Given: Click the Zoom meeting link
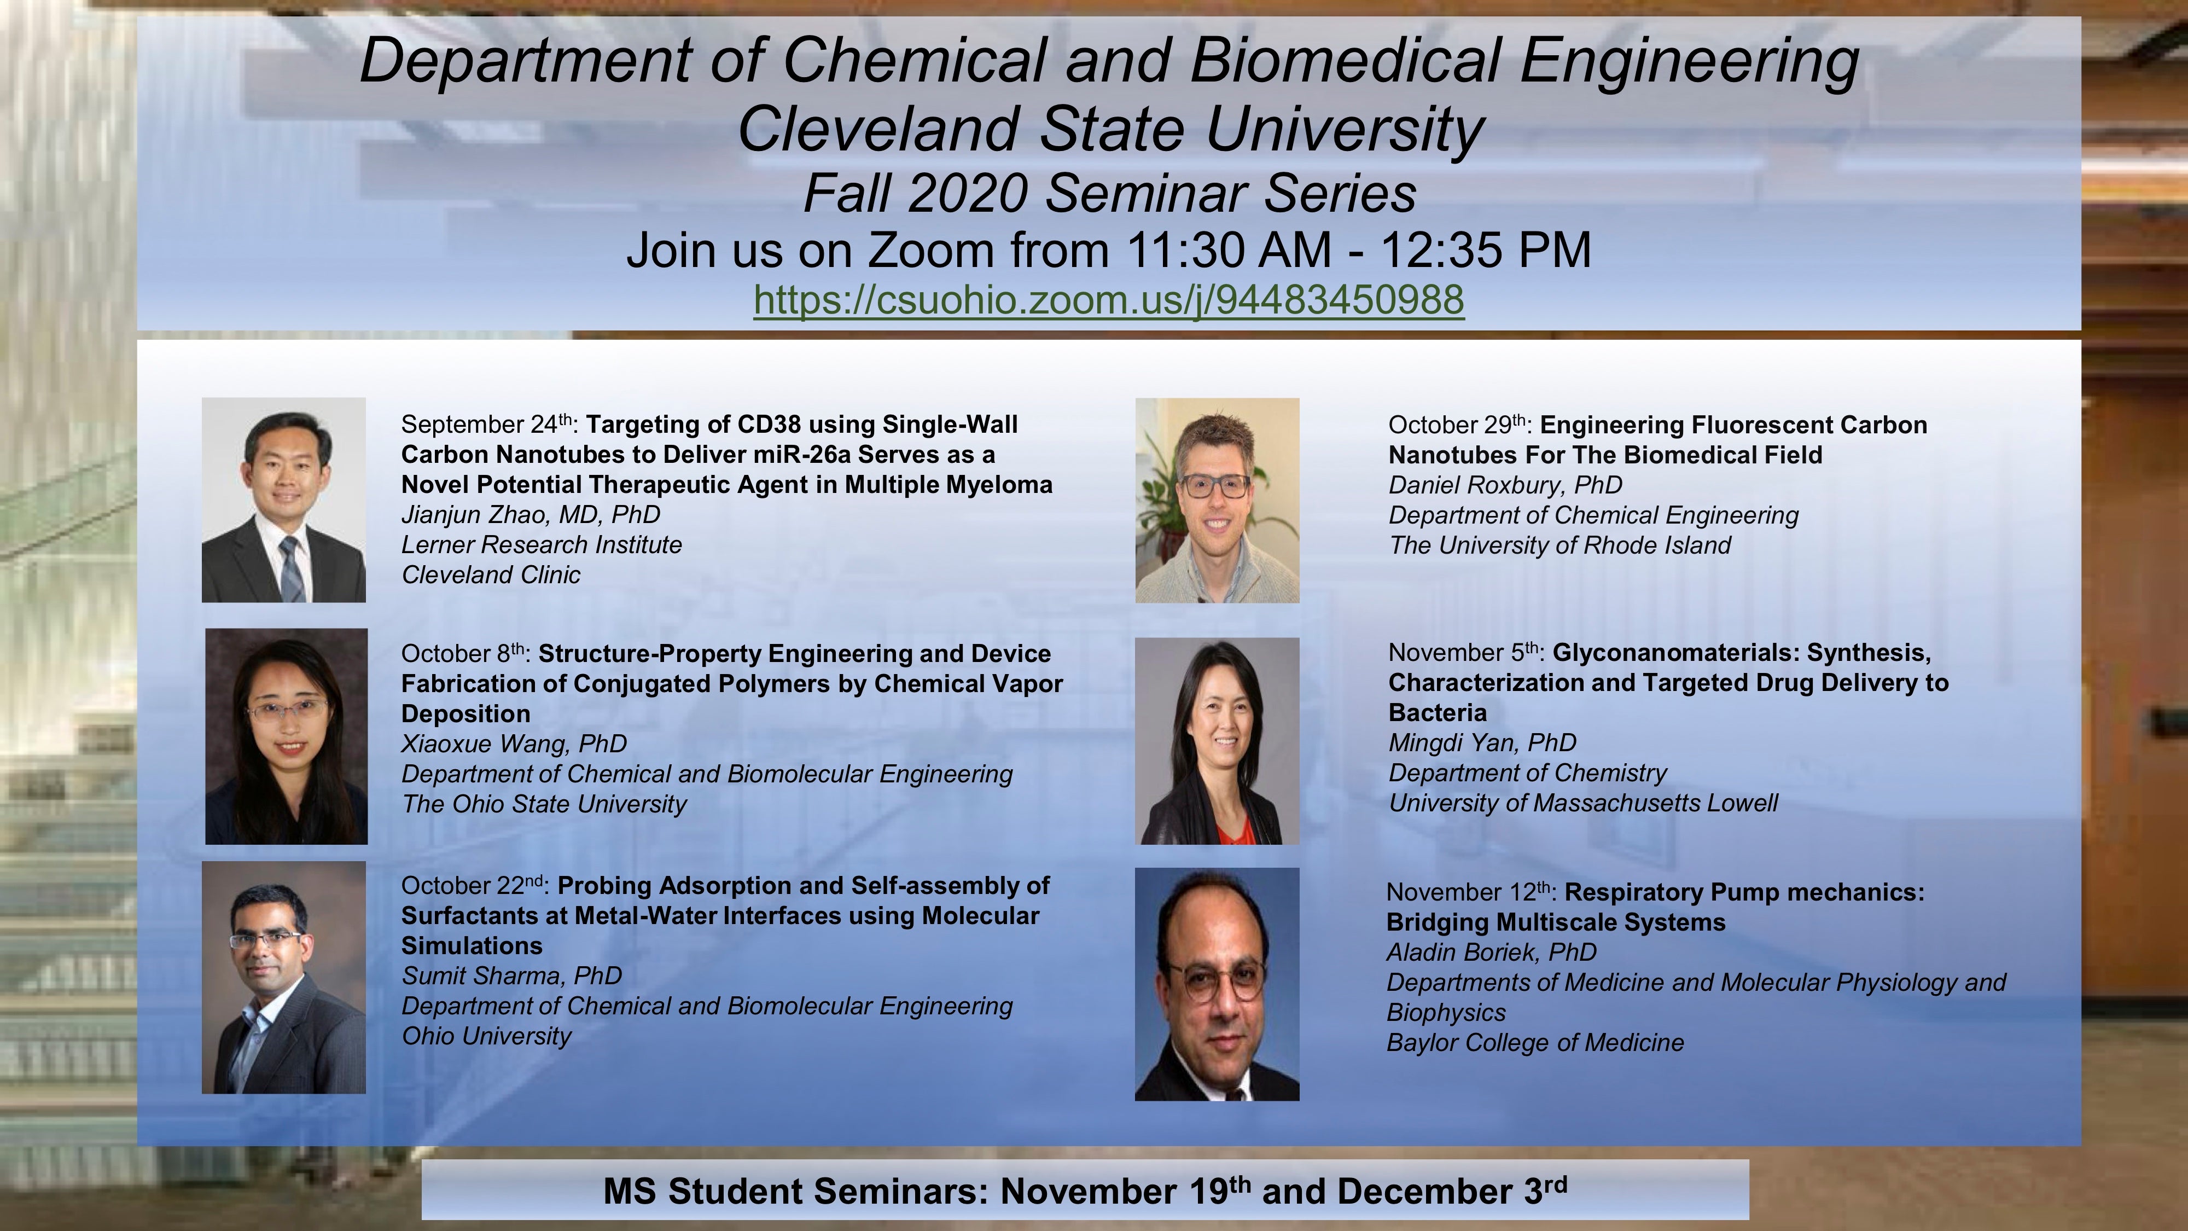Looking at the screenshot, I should (x=1108, y=300).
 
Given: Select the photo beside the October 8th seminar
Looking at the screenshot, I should (x=286, y=736).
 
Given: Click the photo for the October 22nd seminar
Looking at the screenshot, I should (x=284, y=977).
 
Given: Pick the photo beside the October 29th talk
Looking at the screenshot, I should (x=1217, y=501).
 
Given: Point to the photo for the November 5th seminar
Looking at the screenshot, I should (x=1217, y=741).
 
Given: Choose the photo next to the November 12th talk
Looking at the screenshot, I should (x=1217, y=984).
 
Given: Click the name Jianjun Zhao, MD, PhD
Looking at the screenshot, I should (x=530, y=515).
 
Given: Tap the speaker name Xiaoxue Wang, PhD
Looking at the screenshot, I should (x=514, y=744).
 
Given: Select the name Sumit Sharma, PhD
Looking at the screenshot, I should (x=511, y=976).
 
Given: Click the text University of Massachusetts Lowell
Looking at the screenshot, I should (x=1582, y=804).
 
